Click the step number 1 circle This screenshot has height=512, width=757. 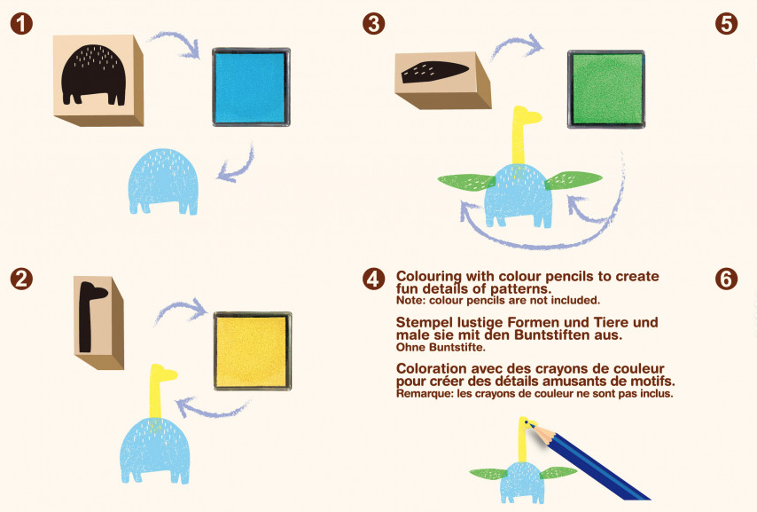coord(21,23)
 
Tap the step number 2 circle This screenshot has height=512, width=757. coord(21,279)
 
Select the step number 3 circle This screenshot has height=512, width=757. coord(374,23)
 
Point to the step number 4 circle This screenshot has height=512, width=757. coord(374,279)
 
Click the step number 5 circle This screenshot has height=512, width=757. coord(726,23)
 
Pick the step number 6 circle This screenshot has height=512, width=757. coord(726,279)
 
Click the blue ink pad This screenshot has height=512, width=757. coord(251,87)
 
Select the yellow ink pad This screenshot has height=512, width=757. coord(253,351)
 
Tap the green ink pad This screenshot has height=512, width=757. coord(606,89)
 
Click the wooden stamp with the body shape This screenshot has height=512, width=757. coord(98,80)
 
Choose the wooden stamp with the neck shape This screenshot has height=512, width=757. coord(99,322)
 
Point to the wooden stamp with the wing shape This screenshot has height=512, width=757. coord(443,80)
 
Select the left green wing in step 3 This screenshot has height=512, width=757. coord(466,182)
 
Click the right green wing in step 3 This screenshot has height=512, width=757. coord(574,180)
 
